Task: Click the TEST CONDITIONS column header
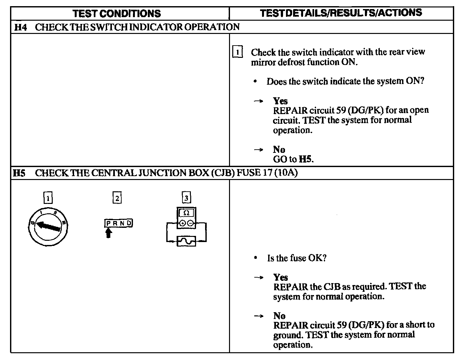[116, 13]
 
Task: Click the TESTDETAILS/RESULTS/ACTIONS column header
[341, 13]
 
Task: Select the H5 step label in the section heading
[19, 173]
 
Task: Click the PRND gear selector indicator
[119, 223]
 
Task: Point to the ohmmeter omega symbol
[186, 213]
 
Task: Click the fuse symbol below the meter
[186, 241]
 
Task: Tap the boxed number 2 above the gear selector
[117, 197]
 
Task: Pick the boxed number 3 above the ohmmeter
[186, 197]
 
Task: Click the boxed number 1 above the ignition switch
[48, 198]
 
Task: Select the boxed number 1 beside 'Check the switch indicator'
[238, 52]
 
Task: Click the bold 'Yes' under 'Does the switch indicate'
[280, 101]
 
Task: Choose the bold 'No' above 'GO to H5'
[279, 150]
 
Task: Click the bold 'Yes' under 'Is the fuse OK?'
[280, 277]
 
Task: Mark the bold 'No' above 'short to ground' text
[279, 316]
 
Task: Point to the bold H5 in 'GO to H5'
[306, 159]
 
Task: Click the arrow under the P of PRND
[109, 232]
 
